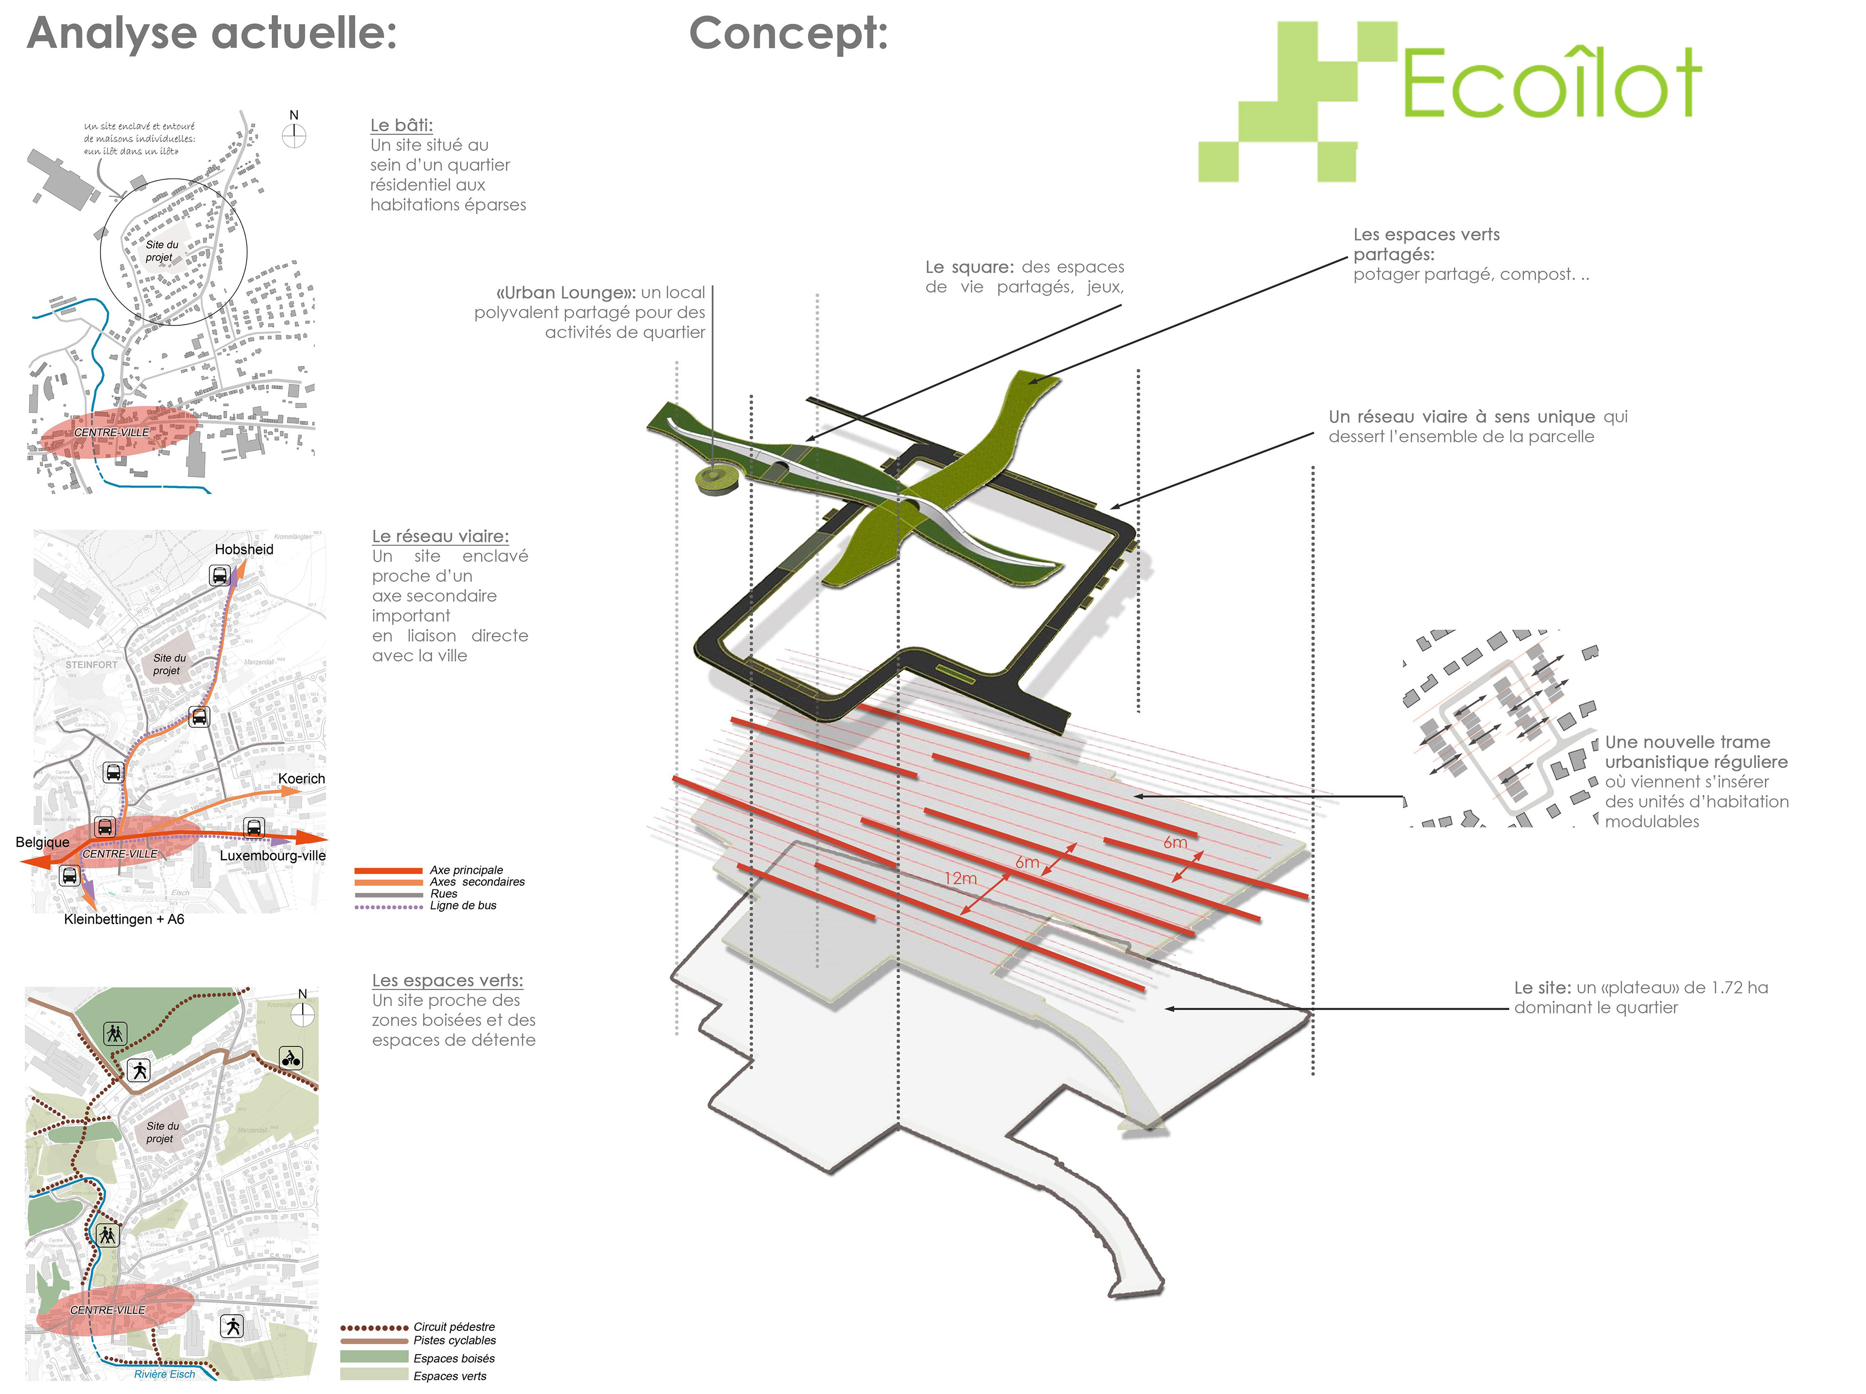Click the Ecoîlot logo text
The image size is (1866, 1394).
[x=1551, y=85]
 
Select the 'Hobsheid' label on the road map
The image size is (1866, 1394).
[x=244, y=549]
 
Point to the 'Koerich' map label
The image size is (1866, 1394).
[x=301, y=779]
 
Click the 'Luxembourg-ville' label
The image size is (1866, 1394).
[x=273, y=855]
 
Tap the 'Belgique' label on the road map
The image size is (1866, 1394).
[x=42, y=842]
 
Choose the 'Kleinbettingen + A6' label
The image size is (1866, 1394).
[x=124, y=919]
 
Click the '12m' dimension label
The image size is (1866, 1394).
[x=960, y=878]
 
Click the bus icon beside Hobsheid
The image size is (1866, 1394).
[x=219, y=576]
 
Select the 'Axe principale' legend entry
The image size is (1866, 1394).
[x=466, y=870]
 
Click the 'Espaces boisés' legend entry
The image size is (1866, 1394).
[x=454, y=1359]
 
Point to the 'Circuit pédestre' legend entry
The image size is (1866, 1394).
[x=454, y=1327]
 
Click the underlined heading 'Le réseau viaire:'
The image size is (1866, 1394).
[x=440, y=537]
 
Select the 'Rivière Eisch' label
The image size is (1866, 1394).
[x=165, y=1375]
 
